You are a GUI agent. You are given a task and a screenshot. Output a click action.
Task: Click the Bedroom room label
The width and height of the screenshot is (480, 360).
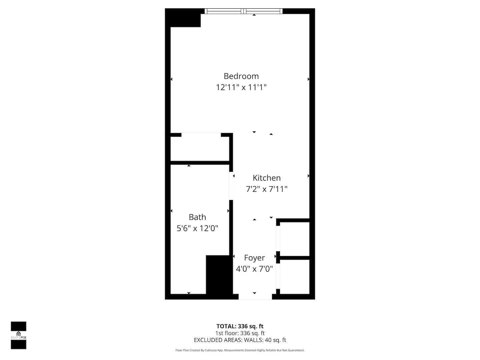(x=241, y=76)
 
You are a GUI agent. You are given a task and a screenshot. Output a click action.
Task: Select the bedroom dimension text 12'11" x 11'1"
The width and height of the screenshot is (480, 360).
(x=241, y=87)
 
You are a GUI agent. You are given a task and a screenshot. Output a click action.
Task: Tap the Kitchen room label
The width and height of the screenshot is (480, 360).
(x=266, y=178)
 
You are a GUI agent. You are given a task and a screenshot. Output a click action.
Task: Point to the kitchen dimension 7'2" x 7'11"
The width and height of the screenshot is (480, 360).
(x=266, y=189)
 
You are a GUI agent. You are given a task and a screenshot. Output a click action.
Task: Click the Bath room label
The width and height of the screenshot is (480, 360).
(x=197, y=217)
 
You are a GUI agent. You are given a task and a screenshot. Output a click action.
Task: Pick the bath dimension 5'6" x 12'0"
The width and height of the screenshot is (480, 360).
(x=197, y=228)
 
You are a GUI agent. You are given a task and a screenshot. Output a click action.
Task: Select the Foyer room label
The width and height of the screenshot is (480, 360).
(x=254, y=258)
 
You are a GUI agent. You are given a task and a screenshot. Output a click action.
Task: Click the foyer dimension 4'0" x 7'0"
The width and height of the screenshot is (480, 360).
(x=254, y=269)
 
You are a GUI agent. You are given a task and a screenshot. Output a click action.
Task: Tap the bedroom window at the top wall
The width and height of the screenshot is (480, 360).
(x=243, y=11)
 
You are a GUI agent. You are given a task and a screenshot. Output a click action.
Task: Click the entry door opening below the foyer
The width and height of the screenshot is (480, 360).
(x=255, y=297)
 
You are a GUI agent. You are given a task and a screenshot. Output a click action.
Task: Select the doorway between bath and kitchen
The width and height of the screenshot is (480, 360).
(x=231, y=186)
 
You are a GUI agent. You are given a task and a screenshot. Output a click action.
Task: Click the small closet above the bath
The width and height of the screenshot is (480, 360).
(x=200, y=149)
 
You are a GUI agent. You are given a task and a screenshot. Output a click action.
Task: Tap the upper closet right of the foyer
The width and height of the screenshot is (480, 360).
(x=295, y=239)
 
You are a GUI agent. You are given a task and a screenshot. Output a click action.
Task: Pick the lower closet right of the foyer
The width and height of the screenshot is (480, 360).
(x=295, y=277)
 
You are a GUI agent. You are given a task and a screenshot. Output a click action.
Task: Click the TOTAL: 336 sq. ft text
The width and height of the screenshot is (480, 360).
(x=240, y=326)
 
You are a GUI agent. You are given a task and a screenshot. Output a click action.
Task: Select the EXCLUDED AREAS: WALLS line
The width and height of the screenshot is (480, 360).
(x=240, y=340)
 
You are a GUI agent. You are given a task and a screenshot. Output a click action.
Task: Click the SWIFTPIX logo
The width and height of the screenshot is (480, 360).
(x=19, y=336)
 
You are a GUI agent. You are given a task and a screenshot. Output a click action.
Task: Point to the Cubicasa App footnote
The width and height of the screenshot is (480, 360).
(x=240, y=350)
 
